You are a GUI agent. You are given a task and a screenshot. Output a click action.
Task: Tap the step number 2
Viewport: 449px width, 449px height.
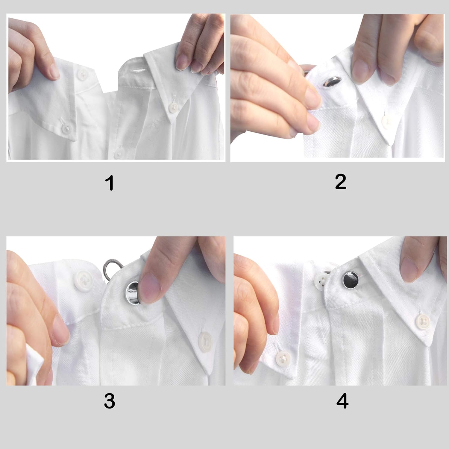(x=341, y=182)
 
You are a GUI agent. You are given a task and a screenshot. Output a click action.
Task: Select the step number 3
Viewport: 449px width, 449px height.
(x=110, y=401)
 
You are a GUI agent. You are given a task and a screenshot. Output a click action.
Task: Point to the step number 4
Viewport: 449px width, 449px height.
(x=342, y=401)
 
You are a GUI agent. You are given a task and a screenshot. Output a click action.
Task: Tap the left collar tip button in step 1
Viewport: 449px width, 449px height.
(x=65, y=129)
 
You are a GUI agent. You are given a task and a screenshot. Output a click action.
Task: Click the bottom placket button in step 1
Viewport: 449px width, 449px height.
(x=119, y=153)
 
